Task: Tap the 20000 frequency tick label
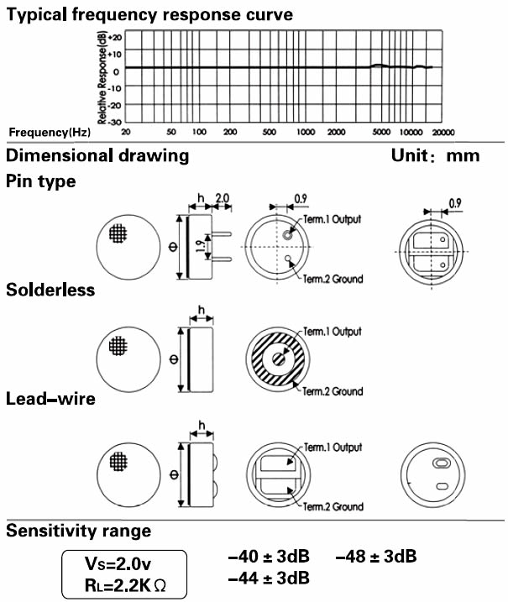pyautogui.click(x=443, y=133)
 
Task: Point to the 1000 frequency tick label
pyautogui.click(x=306, y=133)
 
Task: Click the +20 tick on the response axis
pyautogui.click(x=115, y=37)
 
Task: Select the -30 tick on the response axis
pyautogui.click(x=115, y=121)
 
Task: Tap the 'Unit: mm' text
pyautogui.click(x=435, y=155)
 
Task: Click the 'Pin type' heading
pyautogui.click(x=41, y=181)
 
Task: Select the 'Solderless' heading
pyautogui.click(x=50, y=290)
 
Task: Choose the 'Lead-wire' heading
pyautogui.click(x=50, y=400)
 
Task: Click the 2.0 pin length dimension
pyautogui.click(x=223, y=198)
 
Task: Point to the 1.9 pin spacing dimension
pyautogui.click(x=199, y=247)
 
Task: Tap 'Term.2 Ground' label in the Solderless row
pyautogui.click(x=333, y=391)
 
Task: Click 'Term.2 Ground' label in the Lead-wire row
pyautogui.click(x=333, y=506)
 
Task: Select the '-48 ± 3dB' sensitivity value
pyautogui.click(x=376, y=557)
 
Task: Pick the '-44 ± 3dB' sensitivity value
pyautogui.click(x=269, y=578)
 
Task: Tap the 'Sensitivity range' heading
pyautogui.click(x=79, y=531)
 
